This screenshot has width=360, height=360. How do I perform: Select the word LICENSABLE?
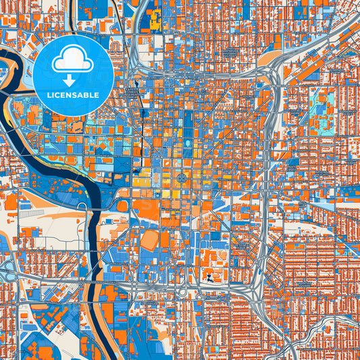coord(73,95)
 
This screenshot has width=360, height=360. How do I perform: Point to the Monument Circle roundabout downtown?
coord(182,177)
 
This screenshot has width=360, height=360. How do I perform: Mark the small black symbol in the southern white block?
coord(210,277)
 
